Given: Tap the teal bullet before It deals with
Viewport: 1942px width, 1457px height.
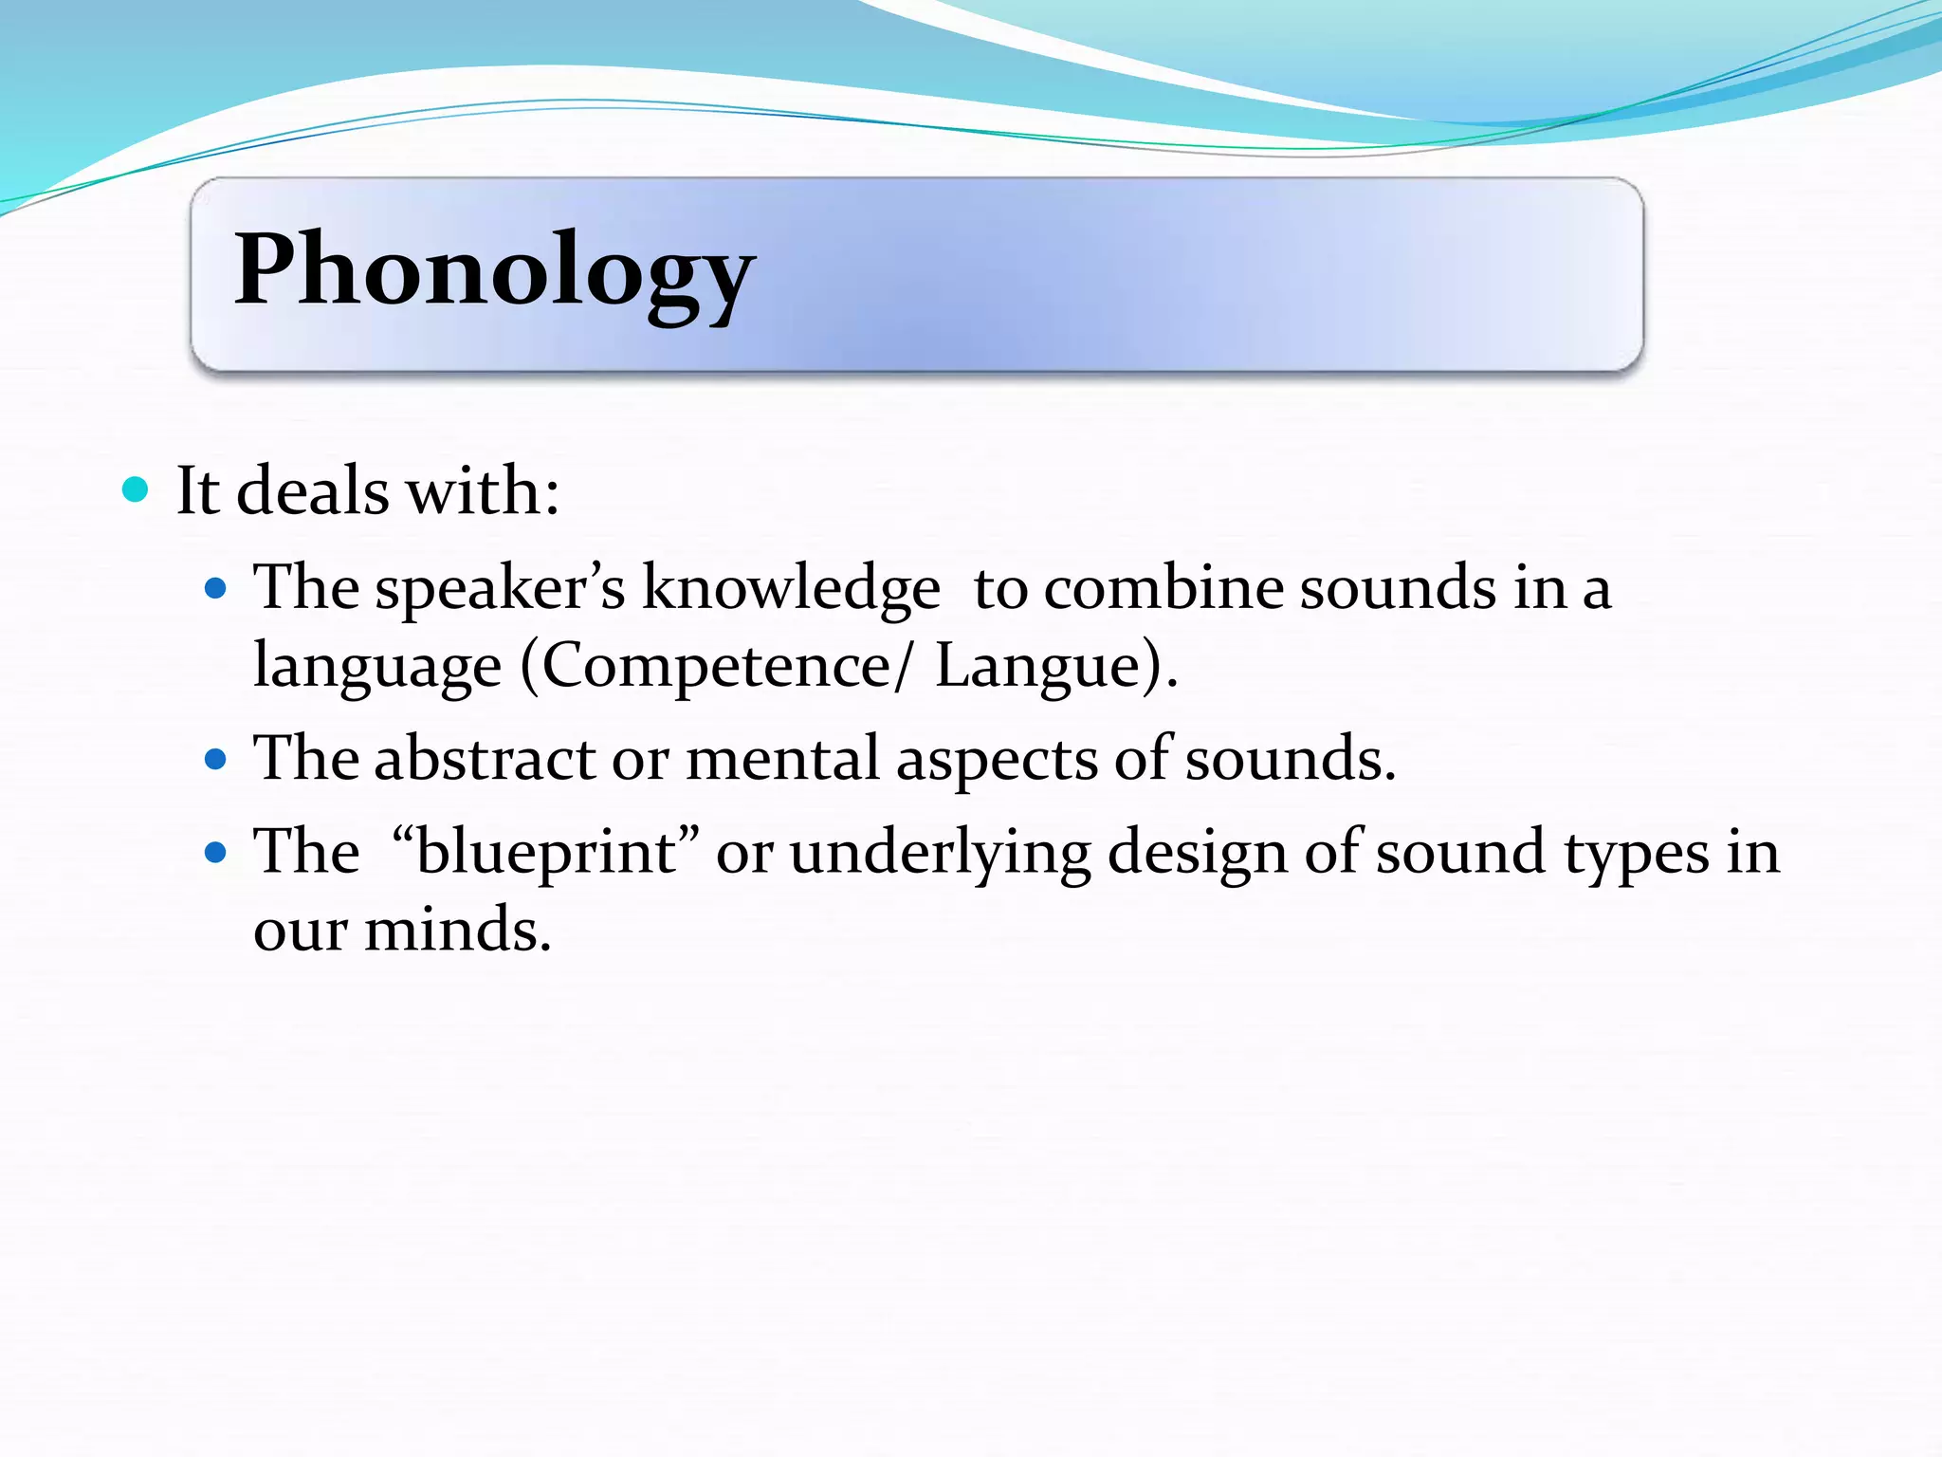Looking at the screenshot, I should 137,490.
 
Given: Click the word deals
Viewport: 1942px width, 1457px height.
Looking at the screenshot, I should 312,491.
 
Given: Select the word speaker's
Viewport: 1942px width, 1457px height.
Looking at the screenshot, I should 500,588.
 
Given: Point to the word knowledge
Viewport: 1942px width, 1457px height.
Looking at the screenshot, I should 791,588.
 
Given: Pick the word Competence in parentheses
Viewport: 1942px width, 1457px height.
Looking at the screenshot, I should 716,665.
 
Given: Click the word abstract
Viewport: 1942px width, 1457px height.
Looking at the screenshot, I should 485,759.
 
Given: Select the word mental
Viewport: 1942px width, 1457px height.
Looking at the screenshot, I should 782,759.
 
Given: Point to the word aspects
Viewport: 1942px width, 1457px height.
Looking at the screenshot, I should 997,761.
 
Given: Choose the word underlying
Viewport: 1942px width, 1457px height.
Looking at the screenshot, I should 940,852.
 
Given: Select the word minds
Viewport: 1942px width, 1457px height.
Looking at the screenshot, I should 457,930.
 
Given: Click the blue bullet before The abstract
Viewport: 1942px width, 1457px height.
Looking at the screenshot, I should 216,760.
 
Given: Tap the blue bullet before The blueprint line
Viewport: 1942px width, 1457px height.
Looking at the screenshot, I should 216,852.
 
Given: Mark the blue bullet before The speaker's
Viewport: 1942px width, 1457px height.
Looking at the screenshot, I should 216,589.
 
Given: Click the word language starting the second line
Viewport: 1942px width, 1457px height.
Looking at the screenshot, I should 377,666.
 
